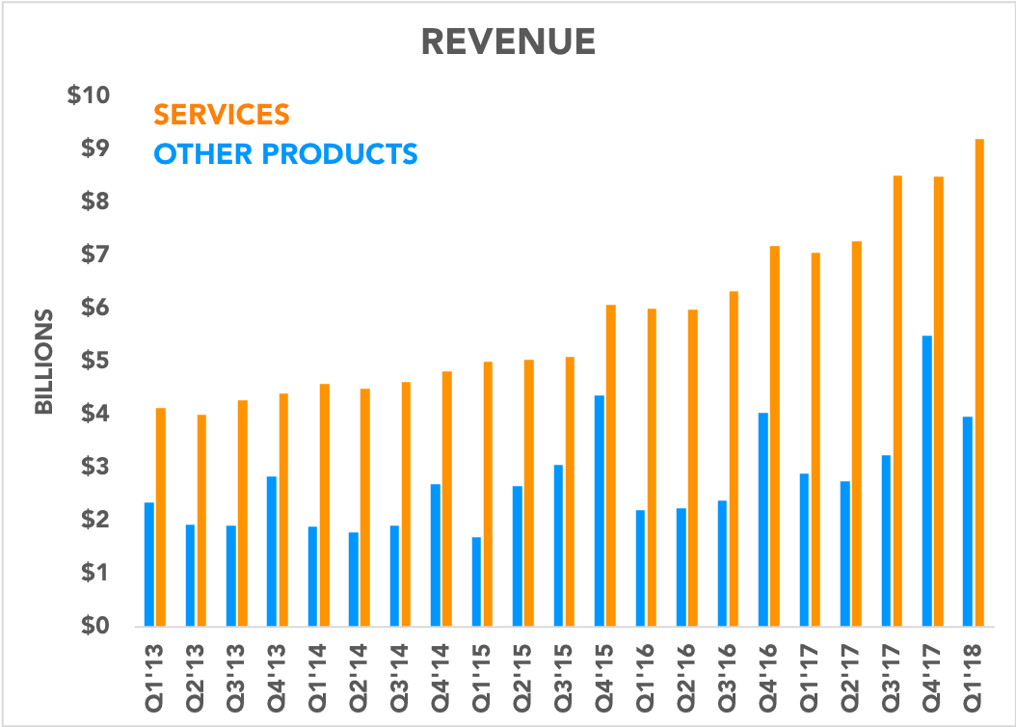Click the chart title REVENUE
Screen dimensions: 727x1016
[x=508, y=41]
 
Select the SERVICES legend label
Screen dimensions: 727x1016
[x=222, y=114]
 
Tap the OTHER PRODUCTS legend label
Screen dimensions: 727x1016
[x=286, y=153]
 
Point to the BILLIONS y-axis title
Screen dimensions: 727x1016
[x=43, y=362]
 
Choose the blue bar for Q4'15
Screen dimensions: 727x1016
[x=600, y=510]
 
